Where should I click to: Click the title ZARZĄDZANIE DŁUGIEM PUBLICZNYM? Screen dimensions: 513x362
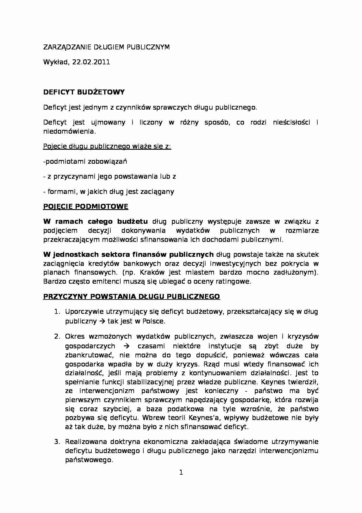point(106,47)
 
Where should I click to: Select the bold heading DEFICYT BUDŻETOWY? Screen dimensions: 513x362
point(84,92)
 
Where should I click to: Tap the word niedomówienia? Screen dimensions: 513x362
point(69,131)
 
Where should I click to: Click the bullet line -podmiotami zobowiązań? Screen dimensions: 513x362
point(85,161)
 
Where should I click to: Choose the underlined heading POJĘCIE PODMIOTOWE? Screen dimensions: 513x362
point(86,206)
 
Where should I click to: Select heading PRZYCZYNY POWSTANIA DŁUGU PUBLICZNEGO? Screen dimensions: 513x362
point(131,297)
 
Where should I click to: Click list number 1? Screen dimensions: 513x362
point(57,312)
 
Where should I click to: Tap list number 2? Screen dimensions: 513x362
point(57,337)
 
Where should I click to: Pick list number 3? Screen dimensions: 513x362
point(57,442)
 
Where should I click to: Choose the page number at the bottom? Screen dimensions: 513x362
point(181,472)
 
